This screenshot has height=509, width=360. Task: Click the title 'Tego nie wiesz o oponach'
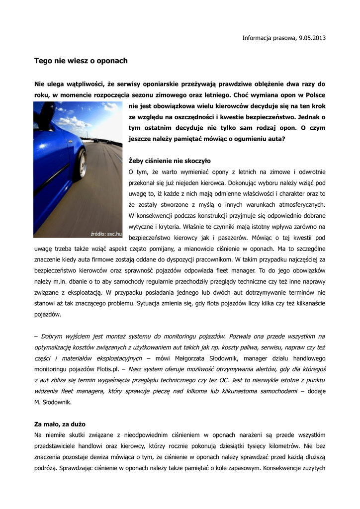(x=81, y=61)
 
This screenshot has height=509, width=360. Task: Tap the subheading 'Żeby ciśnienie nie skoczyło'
(x=170, y=161)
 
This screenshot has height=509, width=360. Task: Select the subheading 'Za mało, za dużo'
(x=60, y=424)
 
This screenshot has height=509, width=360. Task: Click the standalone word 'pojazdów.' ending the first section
(x=48, y=314)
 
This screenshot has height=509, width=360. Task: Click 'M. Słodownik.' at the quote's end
(x=53, y=402)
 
